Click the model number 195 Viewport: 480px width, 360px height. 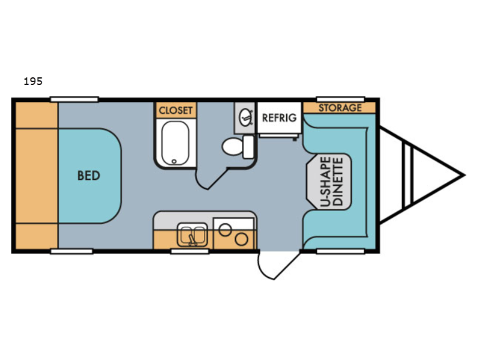32,82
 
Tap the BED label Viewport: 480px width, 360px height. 88,176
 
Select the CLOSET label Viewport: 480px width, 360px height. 176,110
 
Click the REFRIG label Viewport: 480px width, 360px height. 279,118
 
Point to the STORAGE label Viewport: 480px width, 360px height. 340,108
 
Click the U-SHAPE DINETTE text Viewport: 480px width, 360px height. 331,181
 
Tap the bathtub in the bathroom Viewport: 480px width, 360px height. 176,143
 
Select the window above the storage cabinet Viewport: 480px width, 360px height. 340,99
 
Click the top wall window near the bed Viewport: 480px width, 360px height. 74,99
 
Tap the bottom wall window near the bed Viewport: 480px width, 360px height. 71,251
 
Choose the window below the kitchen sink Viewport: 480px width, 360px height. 185,251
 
